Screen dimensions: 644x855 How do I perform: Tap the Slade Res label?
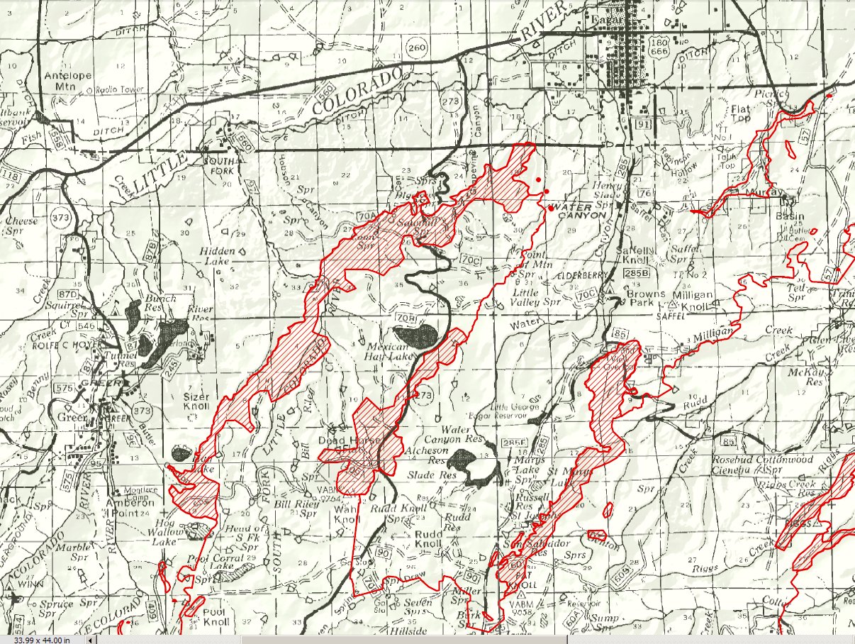click(x=421, y=474)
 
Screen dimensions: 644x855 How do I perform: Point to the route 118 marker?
click(x=11, y=175)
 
